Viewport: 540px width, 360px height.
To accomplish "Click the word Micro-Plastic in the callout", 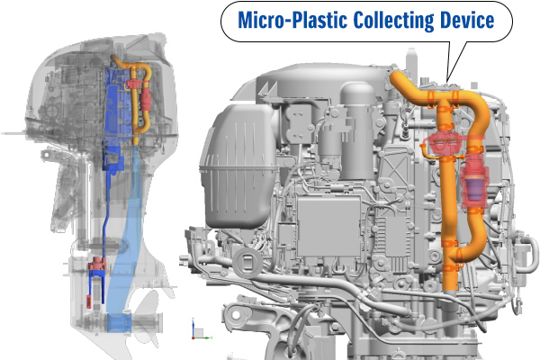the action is (292, 20).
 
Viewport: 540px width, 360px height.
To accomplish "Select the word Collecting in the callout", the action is (394, 21).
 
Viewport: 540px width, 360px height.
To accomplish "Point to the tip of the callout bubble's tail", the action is (447, 81).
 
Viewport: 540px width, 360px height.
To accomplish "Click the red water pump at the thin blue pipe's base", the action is (97, 265).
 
